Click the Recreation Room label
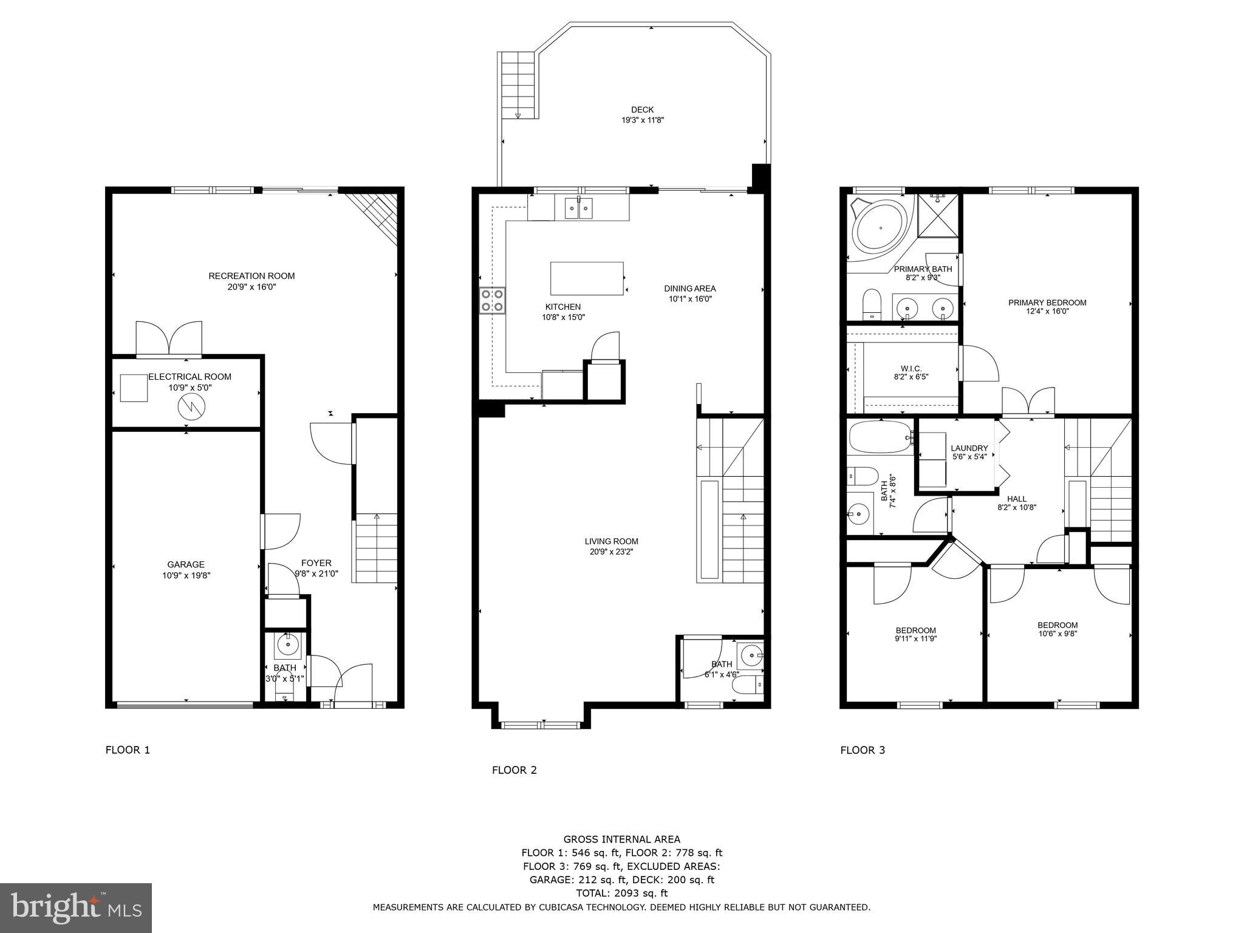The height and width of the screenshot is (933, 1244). click(x=251, y=276)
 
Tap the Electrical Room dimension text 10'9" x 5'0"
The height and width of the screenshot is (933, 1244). click(x=190, y=388)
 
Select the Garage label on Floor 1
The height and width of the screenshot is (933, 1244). click(x=186, y=564)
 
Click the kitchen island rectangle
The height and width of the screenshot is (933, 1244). click(x=587, y=278)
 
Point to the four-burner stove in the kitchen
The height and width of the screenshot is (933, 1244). click(x=492, y=299)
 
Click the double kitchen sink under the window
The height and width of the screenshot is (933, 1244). click(x=578, y=208)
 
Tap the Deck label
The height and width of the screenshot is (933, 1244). click(x=642, y=110)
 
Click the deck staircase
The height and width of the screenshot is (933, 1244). click(x=518, y=85)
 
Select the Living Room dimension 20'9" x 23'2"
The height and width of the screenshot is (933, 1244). click(x=612, y=552)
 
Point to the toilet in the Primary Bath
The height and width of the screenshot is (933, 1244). click(x=872, y=304)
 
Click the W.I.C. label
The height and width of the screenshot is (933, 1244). click(x=911, y=369)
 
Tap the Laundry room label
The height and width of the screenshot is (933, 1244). click(x=969, y=448)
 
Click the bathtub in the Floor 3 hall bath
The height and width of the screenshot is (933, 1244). click(x=880, y=437)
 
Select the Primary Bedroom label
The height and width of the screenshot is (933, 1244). click(x=1047, y=302)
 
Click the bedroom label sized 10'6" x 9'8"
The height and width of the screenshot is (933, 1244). click(x=1058, y=625)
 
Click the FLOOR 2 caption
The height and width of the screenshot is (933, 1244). click(x=514, y=770)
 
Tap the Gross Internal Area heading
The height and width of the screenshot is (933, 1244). click(x=621, y=839)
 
